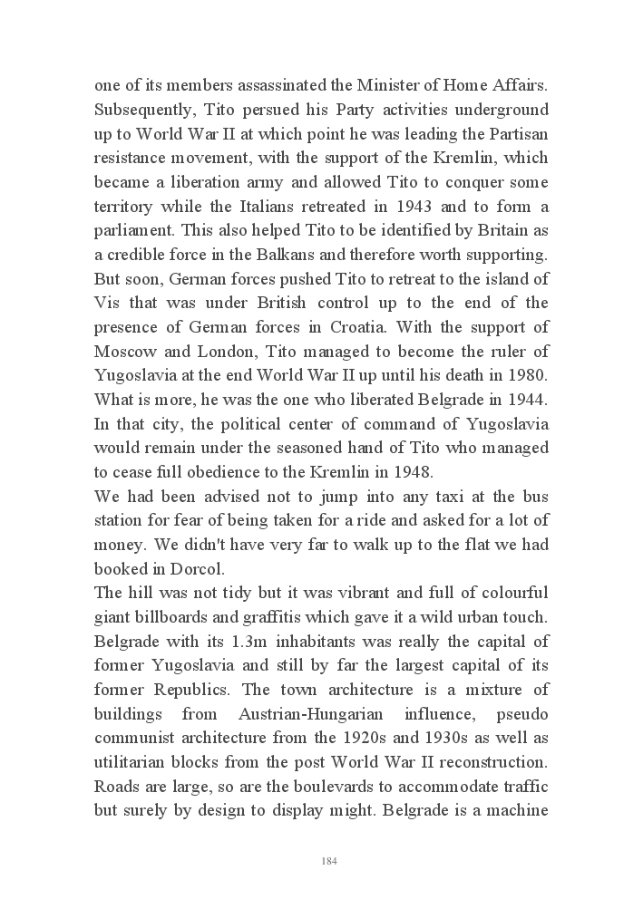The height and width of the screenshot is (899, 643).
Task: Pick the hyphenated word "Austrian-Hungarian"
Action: [346, 712]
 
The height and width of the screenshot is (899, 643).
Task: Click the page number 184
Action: [329, 861]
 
